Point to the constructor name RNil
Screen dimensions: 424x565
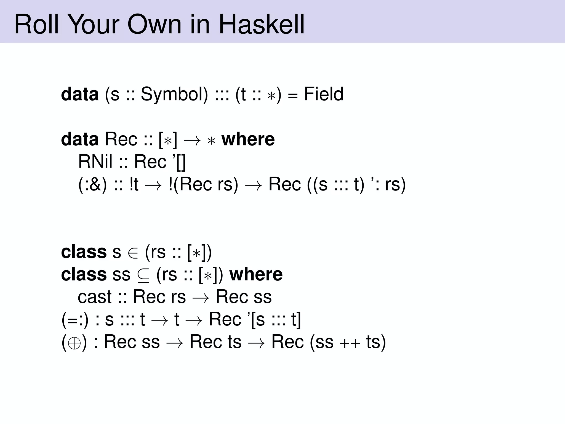[95, 161]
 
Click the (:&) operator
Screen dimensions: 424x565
[92, 184]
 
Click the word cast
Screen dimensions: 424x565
[95, 297]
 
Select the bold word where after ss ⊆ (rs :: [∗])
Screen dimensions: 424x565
[256, 274]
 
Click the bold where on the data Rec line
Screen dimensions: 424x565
[248, 139]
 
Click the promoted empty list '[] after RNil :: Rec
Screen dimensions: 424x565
[178, 161]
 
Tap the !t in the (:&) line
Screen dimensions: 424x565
[134, 184]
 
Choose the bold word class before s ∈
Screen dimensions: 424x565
[84, 252]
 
